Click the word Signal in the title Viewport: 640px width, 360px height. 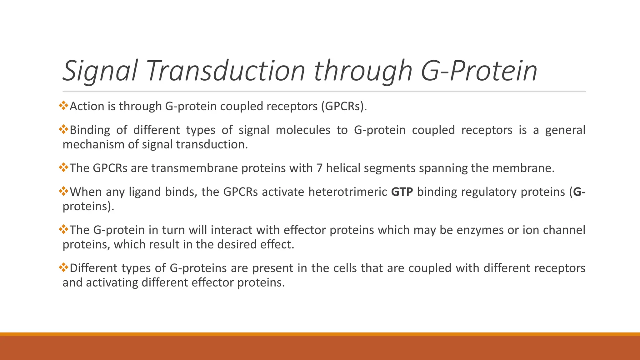coord(100,71)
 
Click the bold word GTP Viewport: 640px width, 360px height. coord(402,192)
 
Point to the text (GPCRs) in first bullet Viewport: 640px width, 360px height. coord(344,107)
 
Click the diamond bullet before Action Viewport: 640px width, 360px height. coord(63,105)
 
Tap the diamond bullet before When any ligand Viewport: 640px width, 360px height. coord(63,191)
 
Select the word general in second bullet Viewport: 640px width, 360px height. coord(565,130)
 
